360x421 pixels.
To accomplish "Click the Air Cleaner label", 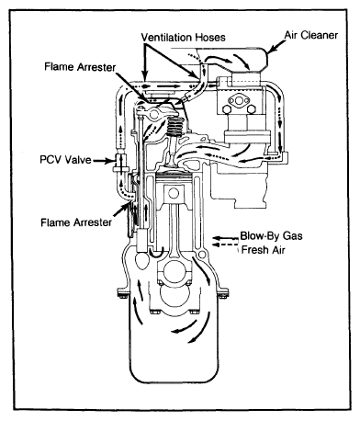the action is [x=311, y=35].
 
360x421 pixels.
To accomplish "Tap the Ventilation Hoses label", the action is [x=183, y=38].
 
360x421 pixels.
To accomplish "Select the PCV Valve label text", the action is [x=65, y=160].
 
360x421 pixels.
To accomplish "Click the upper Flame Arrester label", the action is [x=80, y=66].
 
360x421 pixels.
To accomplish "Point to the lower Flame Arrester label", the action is [x=76, y=222].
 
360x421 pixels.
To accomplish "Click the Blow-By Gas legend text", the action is [x=271, y=236].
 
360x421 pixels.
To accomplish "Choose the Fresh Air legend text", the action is [x=264, y=250].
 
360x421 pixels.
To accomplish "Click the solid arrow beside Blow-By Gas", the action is [x=225, y=238].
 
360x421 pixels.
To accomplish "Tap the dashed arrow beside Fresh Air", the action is [x=225, y=245].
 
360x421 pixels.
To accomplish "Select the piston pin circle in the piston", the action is [x=174, y=193].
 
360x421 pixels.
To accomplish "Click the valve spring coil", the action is [x=174, y=127].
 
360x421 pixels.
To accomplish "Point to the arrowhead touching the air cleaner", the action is [x=273, y=49].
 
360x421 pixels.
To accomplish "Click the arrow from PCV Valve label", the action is [x=103, y=160].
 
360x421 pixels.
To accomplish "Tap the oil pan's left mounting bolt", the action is [x=122, y=296].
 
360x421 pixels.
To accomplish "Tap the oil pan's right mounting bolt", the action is [x=222, y=296].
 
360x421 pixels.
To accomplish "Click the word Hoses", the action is [x=210, y=38].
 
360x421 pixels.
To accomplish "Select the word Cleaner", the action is [x=320, y=35].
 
